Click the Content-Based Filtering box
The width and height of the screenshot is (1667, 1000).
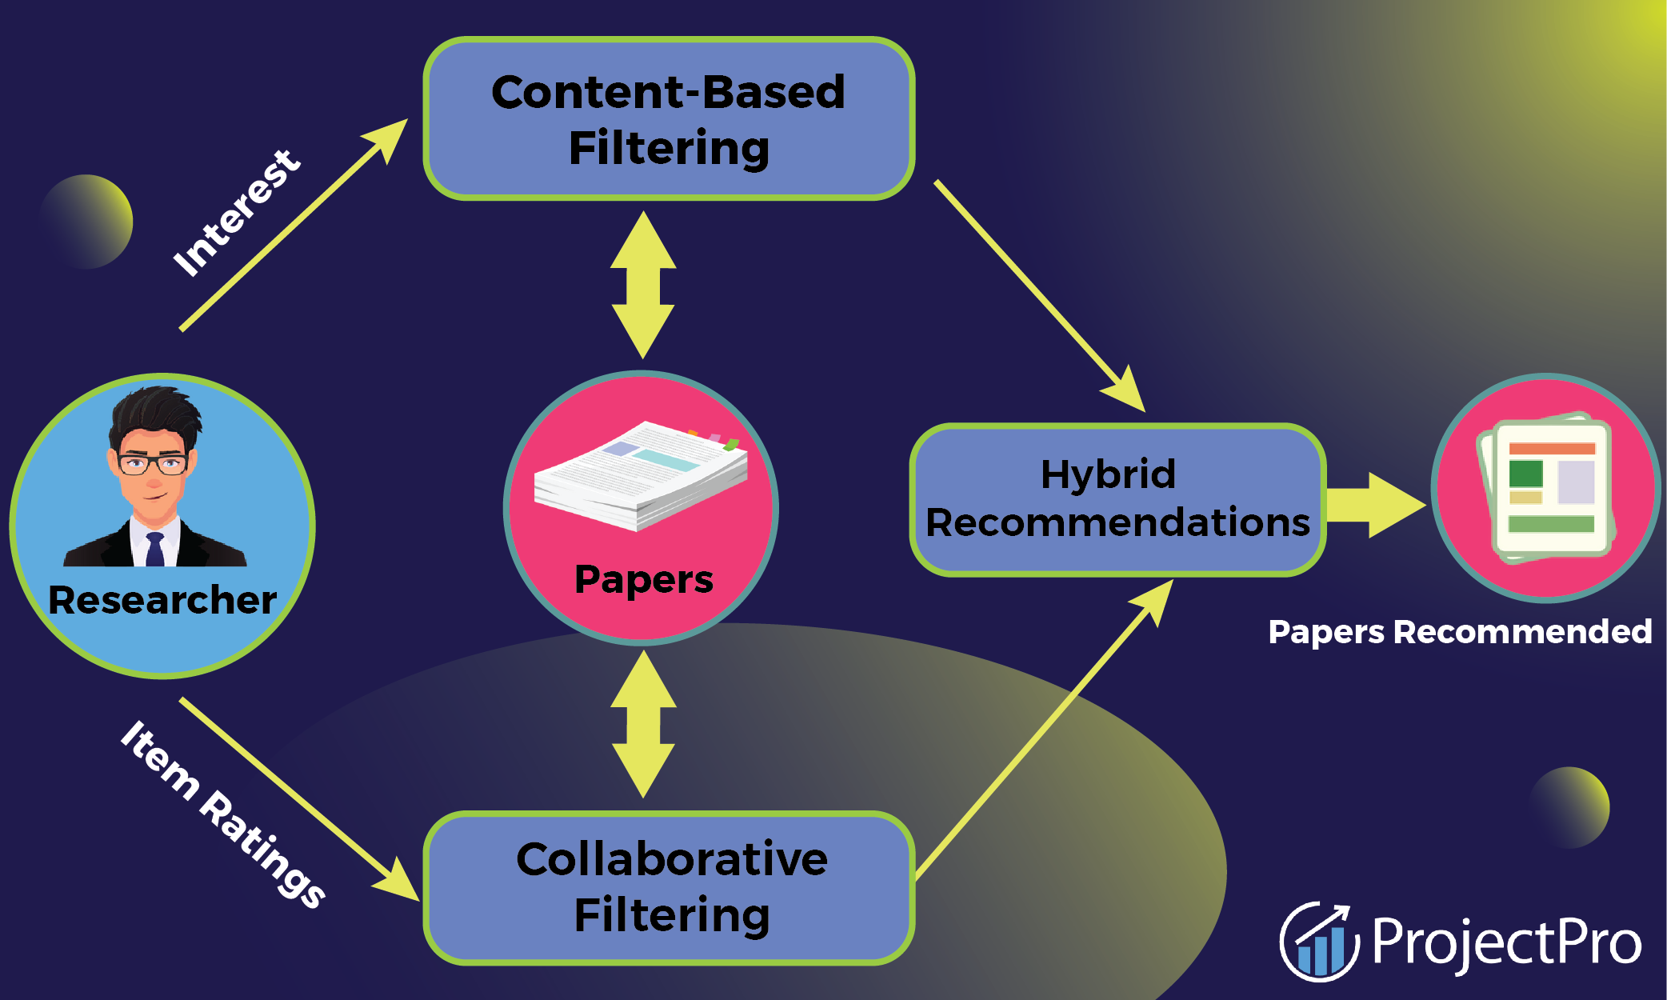coord(669,118)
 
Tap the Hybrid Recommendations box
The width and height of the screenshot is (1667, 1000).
coord(1117,499)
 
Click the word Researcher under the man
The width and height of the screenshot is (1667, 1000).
coord(162,600)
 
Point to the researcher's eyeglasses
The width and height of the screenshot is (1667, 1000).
coord(152,463)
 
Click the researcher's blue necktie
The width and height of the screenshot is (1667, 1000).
coord(154,550)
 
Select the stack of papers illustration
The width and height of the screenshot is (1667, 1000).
coord(640,476)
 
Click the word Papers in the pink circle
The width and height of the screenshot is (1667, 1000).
coord(643,579)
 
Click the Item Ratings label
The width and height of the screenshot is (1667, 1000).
coord(223,814)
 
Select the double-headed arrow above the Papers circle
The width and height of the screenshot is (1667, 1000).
coord(643,285)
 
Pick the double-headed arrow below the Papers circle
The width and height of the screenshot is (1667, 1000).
coord(643,724)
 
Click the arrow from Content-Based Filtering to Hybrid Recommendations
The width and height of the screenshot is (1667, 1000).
coord(1040,296)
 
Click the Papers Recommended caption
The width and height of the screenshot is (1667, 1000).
coord(1460,632)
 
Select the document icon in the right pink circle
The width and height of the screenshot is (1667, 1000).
coord(1547,488)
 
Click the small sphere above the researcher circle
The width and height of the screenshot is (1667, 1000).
coord(86,222)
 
